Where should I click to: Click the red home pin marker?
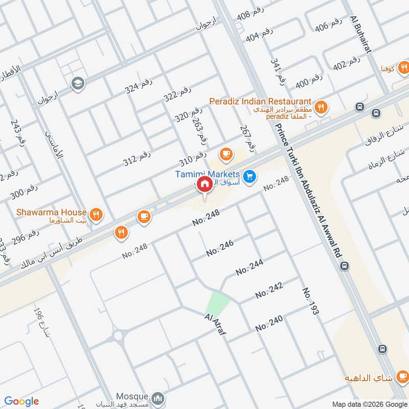point(204,185)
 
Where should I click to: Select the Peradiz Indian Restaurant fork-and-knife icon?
point(321,107)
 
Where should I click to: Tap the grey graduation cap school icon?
point(78,83)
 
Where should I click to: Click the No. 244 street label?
point(249,267)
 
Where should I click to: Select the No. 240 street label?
point(269,323)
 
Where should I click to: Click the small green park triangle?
point(217,303)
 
